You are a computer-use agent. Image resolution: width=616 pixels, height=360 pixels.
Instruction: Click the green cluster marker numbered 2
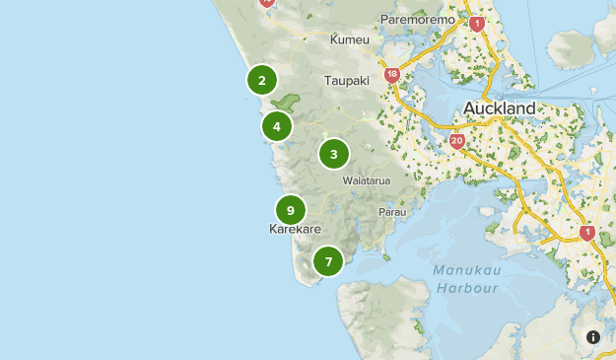[x=261, y=81]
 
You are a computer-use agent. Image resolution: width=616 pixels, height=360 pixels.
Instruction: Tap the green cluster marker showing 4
[x=277, y=126]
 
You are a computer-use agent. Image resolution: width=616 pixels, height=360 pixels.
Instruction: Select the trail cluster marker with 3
[x=334, y=154]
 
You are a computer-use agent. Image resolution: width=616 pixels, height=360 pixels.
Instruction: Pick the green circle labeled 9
[x=290, y=210]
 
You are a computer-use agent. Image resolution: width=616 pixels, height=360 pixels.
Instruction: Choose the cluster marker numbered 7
[x=328, y=261]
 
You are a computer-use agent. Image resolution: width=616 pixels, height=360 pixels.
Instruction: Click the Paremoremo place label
[x=418, y=20]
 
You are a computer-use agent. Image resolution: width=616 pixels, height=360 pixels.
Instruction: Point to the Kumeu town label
[x=349, y=40]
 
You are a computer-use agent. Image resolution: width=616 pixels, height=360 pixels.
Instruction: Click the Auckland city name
[x=499, y=108]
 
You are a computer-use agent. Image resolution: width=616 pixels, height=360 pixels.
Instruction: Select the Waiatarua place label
[x=367, y=181]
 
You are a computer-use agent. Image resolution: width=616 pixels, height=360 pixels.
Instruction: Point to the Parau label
[x=391, y=212]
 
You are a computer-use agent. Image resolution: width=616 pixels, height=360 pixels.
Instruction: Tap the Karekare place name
[x=295, y=229]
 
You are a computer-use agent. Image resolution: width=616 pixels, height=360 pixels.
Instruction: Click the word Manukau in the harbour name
[x=465, y=271]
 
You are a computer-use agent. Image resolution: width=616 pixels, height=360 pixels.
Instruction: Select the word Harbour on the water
[x=465, y=288]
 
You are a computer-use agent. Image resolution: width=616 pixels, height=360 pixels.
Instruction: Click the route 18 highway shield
[x=392, y=75]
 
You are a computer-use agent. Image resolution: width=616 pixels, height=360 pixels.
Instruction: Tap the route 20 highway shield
[x=456, y=142]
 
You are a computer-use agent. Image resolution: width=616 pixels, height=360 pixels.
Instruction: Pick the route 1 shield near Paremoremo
[x=477, y=24]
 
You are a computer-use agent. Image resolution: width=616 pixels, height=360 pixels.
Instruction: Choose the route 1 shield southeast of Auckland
[x=587, y=233]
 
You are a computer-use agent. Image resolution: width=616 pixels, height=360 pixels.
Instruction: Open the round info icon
[x=593, y=336]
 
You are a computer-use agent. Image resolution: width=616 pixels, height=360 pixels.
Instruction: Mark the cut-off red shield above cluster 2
[x=266, y=3]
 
